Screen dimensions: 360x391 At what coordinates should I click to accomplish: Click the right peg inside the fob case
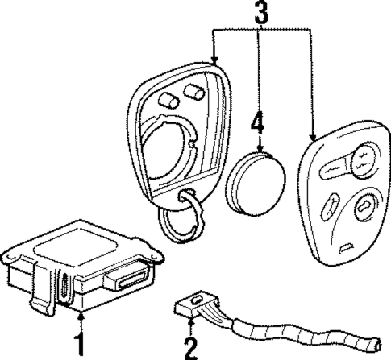click(x=193, y=89)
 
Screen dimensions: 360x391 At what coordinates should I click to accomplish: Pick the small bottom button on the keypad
click(x=349, y=244)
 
